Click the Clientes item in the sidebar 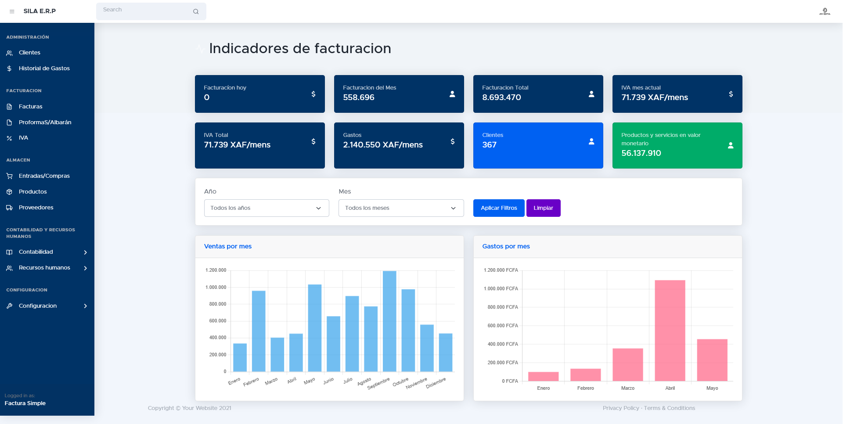29,53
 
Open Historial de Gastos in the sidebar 44,68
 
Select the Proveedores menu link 36,208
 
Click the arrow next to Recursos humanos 86,268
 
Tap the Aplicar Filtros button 499,208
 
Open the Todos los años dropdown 267,208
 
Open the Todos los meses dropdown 401,208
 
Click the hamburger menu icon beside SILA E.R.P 12,11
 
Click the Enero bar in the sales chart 240,357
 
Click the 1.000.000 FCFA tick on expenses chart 501,289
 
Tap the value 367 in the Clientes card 489,145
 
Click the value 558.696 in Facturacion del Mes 358,97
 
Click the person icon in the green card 731,145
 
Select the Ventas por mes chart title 228,246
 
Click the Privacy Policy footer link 620,408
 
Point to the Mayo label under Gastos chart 712,388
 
